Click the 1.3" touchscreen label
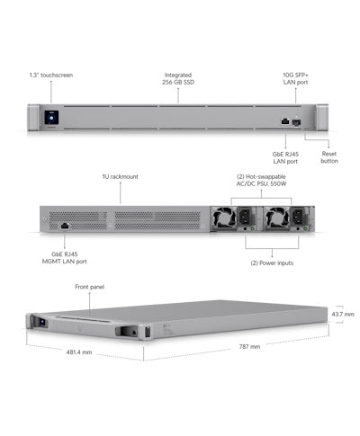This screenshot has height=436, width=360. point(51,75)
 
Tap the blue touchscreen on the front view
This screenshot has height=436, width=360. point(51,118)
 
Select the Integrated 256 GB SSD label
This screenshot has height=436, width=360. point(178,78)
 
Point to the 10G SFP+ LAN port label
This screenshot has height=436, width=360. point(295,78)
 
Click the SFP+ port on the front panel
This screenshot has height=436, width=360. point(296,122)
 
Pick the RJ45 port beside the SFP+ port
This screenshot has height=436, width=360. point(285,121)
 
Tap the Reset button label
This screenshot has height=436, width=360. point(329,157)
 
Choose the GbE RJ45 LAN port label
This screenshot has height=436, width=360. point(285,157)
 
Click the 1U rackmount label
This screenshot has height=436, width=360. point(121,176)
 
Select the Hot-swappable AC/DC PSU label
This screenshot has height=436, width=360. point(261,180)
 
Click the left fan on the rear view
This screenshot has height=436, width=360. point(224,217)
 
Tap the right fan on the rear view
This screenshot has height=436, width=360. point(278,217)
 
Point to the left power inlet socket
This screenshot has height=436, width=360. point(246,216)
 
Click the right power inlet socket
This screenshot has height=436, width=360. point(299,216)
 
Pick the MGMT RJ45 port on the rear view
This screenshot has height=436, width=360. point(65,227)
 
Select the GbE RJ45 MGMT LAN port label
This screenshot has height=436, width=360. point(65,258)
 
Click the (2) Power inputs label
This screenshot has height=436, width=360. point(272,263)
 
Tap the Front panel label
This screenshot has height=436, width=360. point(89,287)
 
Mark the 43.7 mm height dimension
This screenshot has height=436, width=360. point(343,315)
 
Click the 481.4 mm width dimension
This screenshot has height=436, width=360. point(79,352)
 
